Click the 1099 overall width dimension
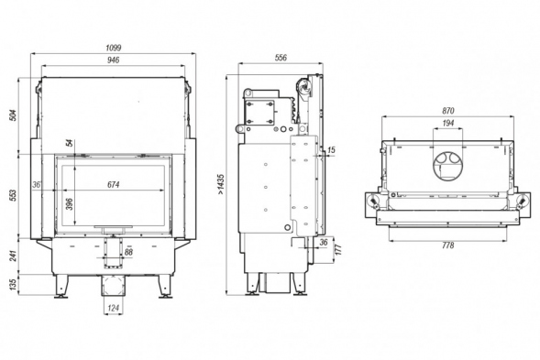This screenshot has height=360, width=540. click(114, 48)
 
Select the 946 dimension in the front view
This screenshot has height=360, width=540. click(114, 60)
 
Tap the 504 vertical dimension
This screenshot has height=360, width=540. click(13, 115)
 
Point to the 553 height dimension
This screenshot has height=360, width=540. click(13, 195)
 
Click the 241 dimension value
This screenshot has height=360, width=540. click(13, 256)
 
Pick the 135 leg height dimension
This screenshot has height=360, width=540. click(13, 285)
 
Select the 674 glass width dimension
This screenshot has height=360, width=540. click(114, 185)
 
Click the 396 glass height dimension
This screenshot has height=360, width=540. click(70, 204)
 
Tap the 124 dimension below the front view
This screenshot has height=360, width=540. click(114, 308)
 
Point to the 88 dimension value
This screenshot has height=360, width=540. click(128, 252)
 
